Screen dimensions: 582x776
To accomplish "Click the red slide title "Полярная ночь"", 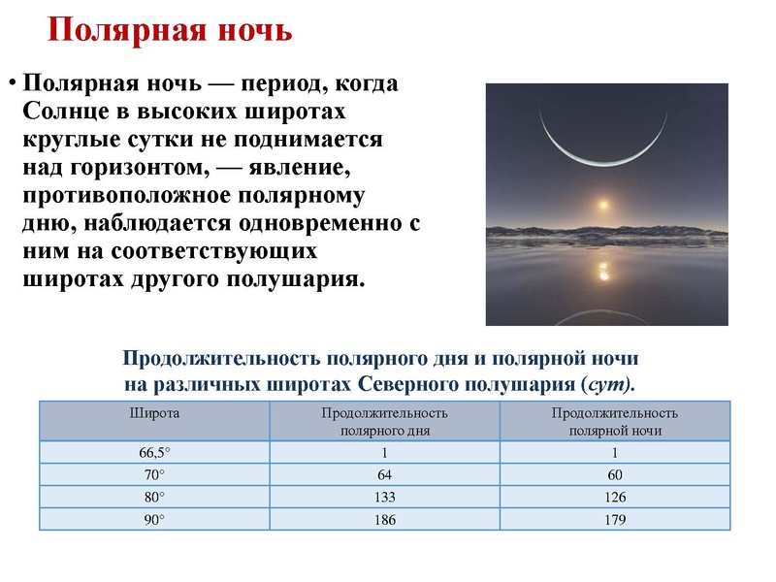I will pos(170,29).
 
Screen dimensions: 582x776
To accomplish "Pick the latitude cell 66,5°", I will pos(154,453).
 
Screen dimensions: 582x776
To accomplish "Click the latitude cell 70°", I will pos(154,475).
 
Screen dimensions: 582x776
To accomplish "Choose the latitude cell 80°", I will pos(154,498).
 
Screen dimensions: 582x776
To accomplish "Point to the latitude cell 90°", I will pos(154,520).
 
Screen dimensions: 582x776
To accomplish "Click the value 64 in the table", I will pos(385,475).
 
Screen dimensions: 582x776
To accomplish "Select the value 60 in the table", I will pos(614,475).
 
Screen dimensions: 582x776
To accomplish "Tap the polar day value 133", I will pos(385,498).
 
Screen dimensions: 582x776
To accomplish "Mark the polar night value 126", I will pos(614,498).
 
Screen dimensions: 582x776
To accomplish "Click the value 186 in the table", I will pos(385,520).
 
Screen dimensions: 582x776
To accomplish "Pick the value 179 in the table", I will pos(614,520).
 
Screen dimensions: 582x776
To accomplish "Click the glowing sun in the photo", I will pos(604,206).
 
